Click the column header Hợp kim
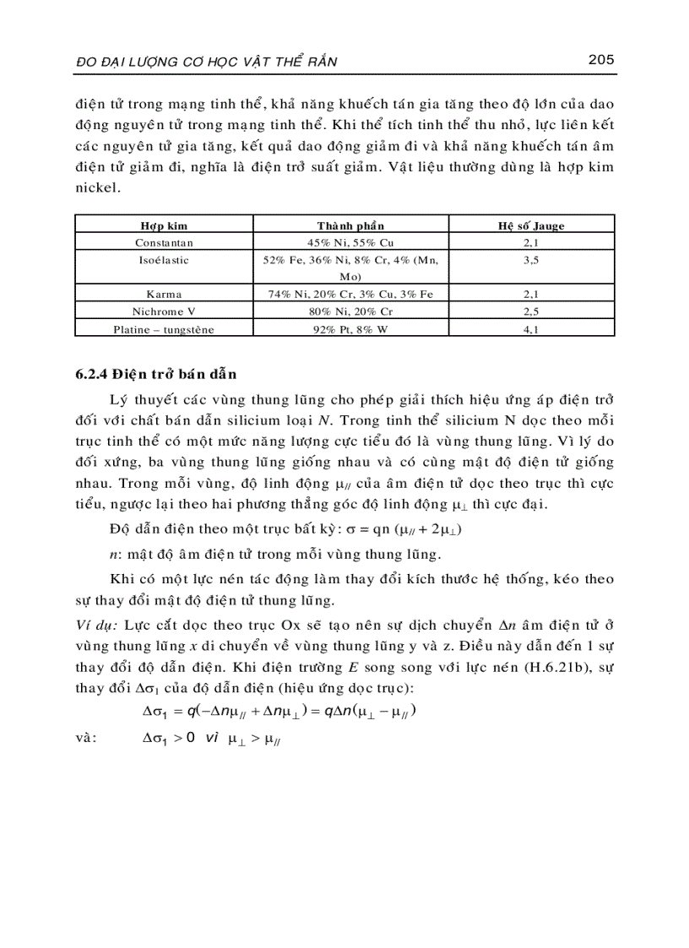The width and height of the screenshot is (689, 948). [163, 226]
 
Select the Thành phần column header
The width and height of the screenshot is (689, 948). [350, 226]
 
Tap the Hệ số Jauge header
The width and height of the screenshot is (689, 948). [531, 226]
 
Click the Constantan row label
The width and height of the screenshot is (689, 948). [164, 242]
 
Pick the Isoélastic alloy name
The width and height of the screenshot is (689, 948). [164, 260]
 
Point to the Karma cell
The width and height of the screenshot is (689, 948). [164, 295]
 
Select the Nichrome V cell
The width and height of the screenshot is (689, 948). [164, 311]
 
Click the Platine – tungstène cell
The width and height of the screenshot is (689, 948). [164, 329]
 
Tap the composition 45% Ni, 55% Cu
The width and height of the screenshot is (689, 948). [350, 242]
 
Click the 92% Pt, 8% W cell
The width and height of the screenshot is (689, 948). [350, 329]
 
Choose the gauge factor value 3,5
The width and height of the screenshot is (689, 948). [531, 260]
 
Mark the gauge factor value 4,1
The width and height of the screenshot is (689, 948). [531, 329]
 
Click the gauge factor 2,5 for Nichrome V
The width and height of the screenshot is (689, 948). [531, 311]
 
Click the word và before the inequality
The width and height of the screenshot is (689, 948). [86, 737]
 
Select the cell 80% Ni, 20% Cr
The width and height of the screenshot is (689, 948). [350, 311]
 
